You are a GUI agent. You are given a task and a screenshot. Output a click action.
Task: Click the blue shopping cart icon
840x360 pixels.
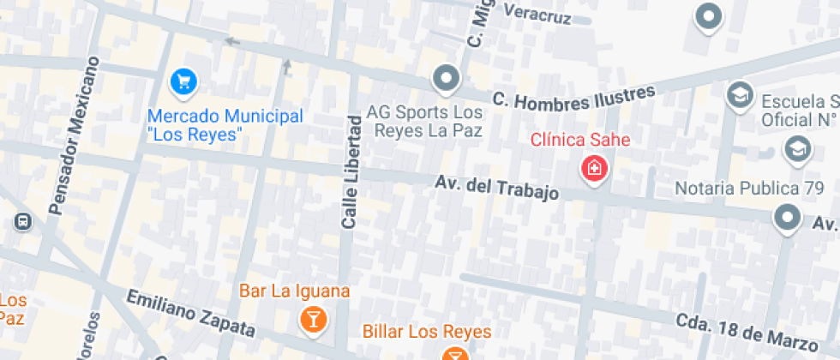[183, 82]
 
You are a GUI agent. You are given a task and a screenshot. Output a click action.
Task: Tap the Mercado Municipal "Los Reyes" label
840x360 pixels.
[225, 125]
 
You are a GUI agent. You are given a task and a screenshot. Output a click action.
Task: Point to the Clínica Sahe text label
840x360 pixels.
[580, 140]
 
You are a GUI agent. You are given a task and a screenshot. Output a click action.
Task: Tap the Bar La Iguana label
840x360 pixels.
[294, 291]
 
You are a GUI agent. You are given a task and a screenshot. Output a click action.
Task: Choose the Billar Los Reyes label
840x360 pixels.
[427, 332]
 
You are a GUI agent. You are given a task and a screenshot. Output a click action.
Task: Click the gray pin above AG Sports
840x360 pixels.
[447, 80]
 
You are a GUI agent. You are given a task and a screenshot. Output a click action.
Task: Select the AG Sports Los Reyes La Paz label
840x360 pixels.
[424, 122]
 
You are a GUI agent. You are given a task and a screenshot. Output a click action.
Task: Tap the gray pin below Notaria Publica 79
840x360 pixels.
[787, 219]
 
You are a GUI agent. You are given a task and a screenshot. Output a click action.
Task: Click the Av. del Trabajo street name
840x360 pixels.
[496, 188]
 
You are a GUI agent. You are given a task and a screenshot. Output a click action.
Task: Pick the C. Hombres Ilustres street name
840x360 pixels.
[573, 97]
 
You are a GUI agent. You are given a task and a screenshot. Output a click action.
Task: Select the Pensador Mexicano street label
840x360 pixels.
[75, 135]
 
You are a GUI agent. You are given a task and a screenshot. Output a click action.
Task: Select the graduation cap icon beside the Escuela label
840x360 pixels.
[739, 95]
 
